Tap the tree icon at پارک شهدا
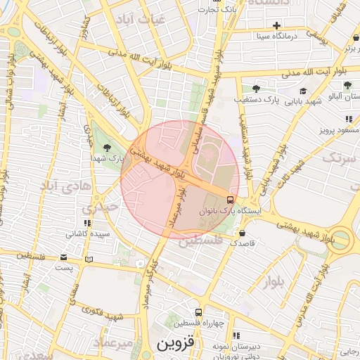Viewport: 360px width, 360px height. tap(107, 148)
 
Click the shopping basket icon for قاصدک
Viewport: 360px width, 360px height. tap(243, 232)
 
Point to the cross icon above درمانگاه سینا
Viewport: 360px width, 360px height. tap(277, 25)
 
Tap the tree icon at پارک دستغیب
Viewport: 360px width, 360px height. tap(256, 89)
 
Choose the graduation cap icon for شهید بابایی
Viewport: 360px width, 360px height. tap(303, 91)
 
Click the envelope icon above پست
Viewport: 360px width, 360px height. tap(65, 257)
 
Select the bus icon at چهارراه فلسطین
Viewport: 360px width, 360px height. tap(199, 311)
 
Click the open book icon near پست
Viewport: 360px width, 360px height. tap(88, 259)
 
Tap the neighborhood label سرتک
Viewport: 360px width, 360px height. tap(341, 157)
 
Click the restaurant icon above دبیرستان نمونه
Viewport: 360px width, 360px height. tap(236, 335)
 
